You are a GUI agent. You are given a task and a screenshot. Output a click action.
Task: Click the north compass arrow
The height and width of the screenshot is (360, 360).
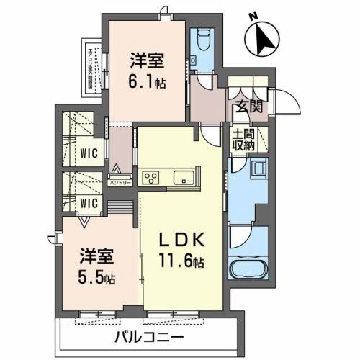tap(261, 37)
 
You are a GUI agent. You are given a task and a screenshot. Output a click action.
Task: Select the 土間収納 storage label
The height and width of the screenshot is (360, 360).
tap(243, 140)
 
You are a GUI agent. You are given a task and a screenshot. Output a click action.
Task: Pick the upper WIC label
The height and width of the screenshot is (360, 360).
tap(89, 152)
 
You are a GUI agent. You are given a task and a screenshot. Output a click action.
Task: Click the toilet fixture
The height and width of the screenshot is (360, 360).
tap(202, 38)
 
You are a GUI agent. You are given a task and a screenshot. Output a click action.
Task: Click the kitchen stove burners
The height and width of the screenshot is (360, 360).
tap(152, 177)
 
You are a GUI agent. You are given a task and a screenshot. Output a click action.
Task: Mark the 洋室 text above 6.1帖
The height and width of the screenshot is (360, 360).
tap(147, 60)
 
